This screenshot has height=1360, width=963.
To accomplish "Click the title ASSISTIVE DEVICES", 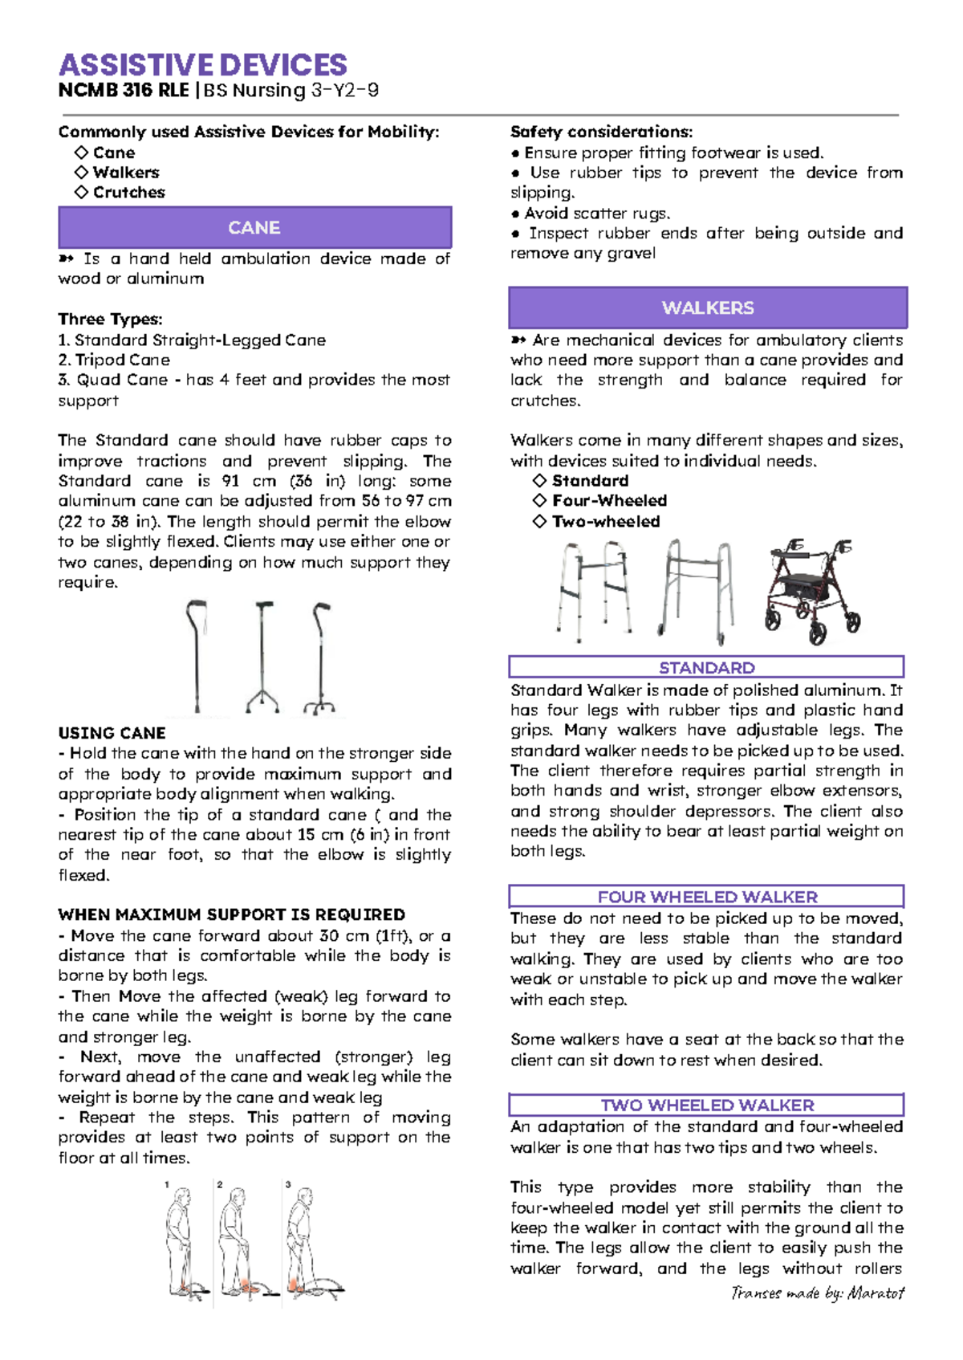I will click(203, 65).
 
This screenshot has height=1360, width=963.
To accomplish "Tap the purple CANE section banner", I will click(254, 228).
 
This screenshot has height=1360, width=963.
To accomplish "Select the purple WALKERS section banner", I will click(708, 307).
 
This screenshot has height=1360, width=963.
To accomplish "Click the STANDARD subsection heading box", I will click(706, 667).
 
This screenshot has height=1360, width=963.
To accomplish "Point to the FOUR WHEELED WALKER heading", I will click(706, 896).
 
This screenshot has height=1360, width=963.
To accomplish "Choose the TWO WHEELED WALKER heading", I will click(706, 1105).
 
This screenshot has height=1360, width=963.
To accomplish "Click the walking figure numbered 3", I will click(309, 1240).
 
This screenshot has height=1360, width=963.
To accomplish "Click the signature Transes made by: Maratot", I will click(817, 1293).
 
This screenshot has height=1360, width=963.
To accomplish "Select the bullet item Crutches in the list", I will click(128, 193).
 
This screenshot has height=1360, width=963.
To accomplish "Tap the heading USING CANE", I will click(112, 733).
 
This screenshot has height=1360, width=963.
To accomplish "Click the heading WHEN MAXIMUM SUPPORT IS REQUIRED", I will click(231, 914).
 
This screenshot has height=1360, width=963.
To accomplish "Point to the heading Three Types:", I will click(110, 320).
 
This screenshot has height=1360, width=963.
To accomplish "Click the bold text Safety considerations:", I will click(601, 132).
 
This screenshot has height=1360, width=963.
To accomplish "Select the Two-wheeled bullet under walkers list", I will click(605, 521).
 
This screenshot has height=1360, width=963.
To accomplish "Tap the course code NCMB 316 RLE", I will click(124, 90).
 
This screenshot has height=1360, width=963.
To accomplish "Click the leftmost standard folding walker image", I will click(595, 591).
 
